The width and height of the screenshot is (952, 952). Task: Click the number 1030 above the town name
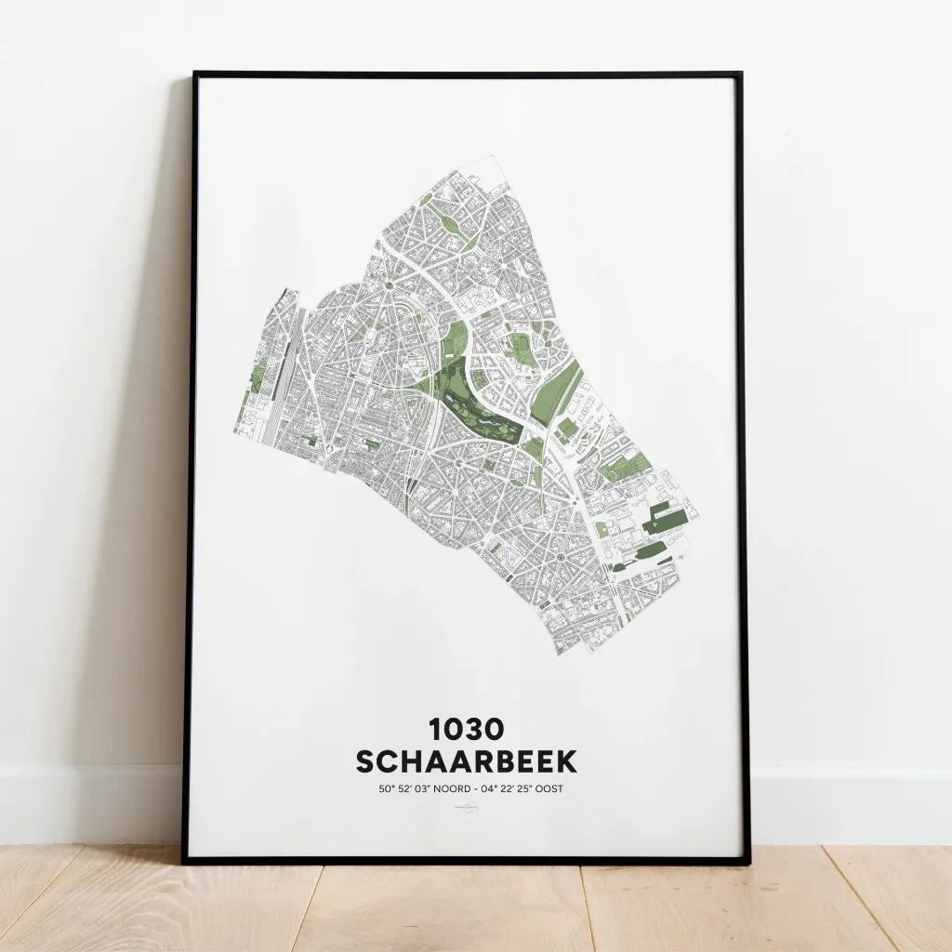(467, 729)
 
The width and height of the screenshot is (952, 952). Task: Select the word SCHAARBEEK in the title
(467, 761)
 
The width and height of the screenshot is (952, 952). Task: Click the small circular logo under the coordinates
(468, 808)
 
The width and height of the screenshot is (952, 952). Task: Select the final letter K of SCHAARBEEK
(566, 761)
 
